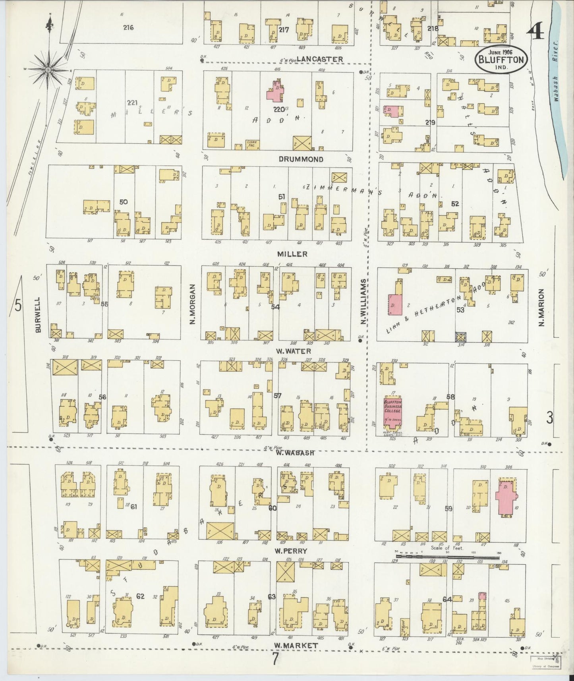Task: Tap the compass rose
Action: (x=48, y=70)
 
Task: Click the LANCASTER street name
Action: (x=325, y=59)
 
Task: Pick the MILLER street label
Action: (x=293, y=254)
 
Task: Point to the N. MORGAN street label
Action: (x=193, y=304)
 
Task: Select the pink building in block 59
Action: (x=506, y=499)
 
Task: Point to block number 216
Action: (x=128, y=28)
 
